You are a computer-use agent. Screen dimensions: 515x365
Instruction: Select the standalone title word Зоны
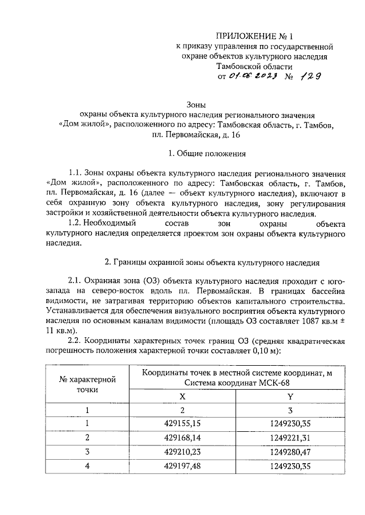(x=197, y=104)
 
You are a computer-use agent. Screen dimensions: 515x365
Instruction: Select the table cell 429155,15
(x=182, y=423)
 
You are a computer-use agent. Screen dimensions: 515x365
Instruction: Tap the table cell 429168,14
(x=182, y=438)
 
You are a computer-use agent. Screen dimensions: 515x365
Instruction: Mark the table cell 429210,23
(x=182, y=452)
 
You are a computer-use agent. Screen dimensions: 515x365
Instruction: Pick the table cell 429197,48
(x=182, y=466)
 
